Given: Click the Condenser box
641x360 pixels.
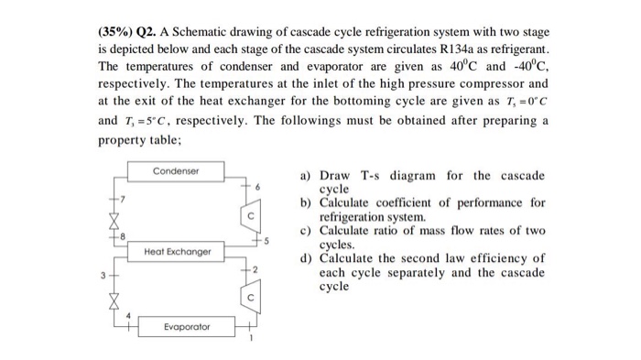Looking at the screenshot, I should [x=176, y=171].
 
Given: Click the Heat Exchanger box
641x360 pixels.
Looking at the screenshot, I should [x=177, y=251].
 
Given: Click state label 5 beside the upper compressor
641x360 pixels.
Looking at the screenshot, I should [x=268, y=243].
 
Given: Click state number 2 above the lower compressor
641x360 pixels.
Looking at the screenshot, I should [x=259, y=268].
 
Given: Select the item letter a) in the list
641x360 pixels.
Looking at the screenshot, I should [x=306, y=176].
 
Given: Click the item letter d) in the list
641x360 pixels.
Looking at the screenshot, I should [x=307, y=258].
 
